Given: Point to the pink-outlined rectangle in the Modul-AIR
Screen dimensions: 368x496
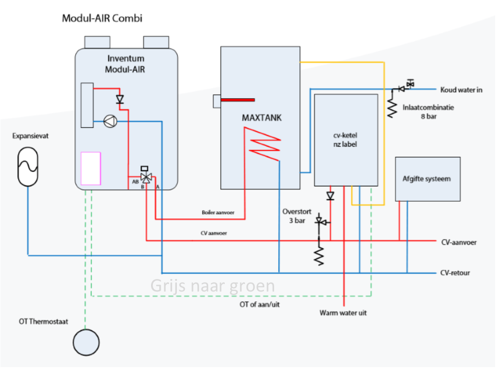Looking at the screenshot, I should [91, 168].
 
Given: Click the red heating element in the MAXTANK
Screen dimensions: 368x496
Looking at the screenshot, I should [238, 100].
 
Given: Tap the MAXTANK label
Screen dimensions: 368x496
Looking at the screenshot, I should [262, 118].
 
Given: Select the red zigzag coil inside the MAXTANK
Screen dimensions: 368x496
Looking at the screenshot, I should [262, 143].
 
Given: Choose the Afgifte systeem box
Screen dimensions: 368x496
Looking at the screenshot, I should [427, 179].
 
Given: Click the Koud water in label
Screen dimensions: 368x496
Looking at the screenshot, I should [461, 90].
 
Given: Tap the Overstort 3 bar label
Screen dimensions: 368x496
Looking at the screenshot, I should [297, 216].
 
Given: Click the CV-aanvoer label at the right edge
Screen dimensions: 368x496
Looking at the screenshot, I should [458, 242].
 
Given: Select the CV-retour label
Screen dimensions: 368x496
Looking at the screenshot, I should [455, 273].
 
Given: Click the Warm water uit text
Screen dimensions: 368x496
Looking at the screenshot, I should [343, 313].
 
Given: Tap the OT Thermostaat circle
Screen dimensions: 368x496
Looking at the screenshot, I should [86, 342].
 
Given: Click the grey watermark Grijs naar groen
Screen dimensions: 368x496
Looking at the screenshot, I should [212, 286].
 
